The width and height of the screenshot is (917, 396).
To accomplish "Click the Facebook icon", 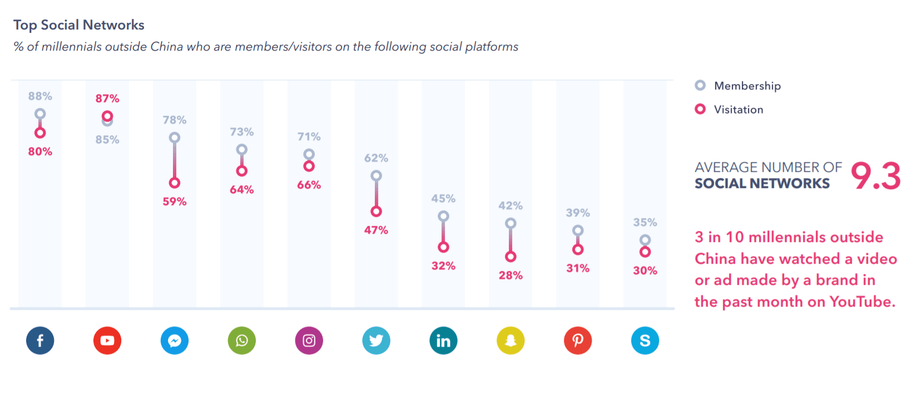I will [40, 340].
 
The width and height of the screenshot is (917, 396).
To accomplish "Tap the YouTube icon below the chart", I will [107, 340].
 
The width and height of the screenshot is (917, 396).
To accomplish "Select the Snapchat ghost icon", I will [510, 340].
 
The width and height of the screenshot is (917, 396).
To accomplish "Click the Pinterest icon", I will [578, 340].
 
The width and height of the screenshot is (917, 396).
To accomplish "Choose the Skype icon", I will [645, 340].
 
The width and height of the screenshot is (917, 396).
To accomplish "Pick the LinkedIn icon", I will [443, 340].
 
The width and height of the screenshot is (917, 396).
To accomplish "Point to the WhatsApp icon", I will [242, 340].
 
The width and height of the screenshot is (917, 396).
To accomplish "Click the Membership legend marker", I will [700, 85].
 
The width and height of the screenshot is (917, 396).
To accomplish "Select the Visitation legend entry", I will [738, 110].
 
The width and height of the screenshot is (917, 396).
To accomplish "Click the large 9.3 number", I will [875, 176].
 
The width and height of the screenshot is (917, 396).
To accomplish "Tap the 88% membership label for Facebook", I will [40, 96].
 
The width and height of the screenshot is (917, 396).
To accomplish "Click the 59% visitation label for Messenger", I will [175, 201].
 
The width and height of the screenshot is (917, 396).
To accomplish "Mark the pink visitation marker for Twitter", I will [376, 211].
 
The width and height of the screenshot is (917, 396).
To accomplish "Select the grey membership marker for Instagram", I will [309, 154].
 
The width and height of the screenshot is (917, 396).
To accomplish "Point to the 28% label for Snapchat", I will [510, 275].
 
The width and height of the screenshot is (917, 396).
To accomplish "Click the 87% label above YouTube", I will [107, 98].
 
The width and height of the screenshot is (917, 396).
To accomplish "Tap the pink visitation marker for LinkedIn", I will [443, 247].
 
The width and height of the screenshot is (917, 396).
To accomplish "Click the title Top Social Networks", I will [79, 25].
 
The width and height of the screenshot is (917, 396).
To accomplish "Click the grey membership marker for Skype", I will [645, 240].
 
